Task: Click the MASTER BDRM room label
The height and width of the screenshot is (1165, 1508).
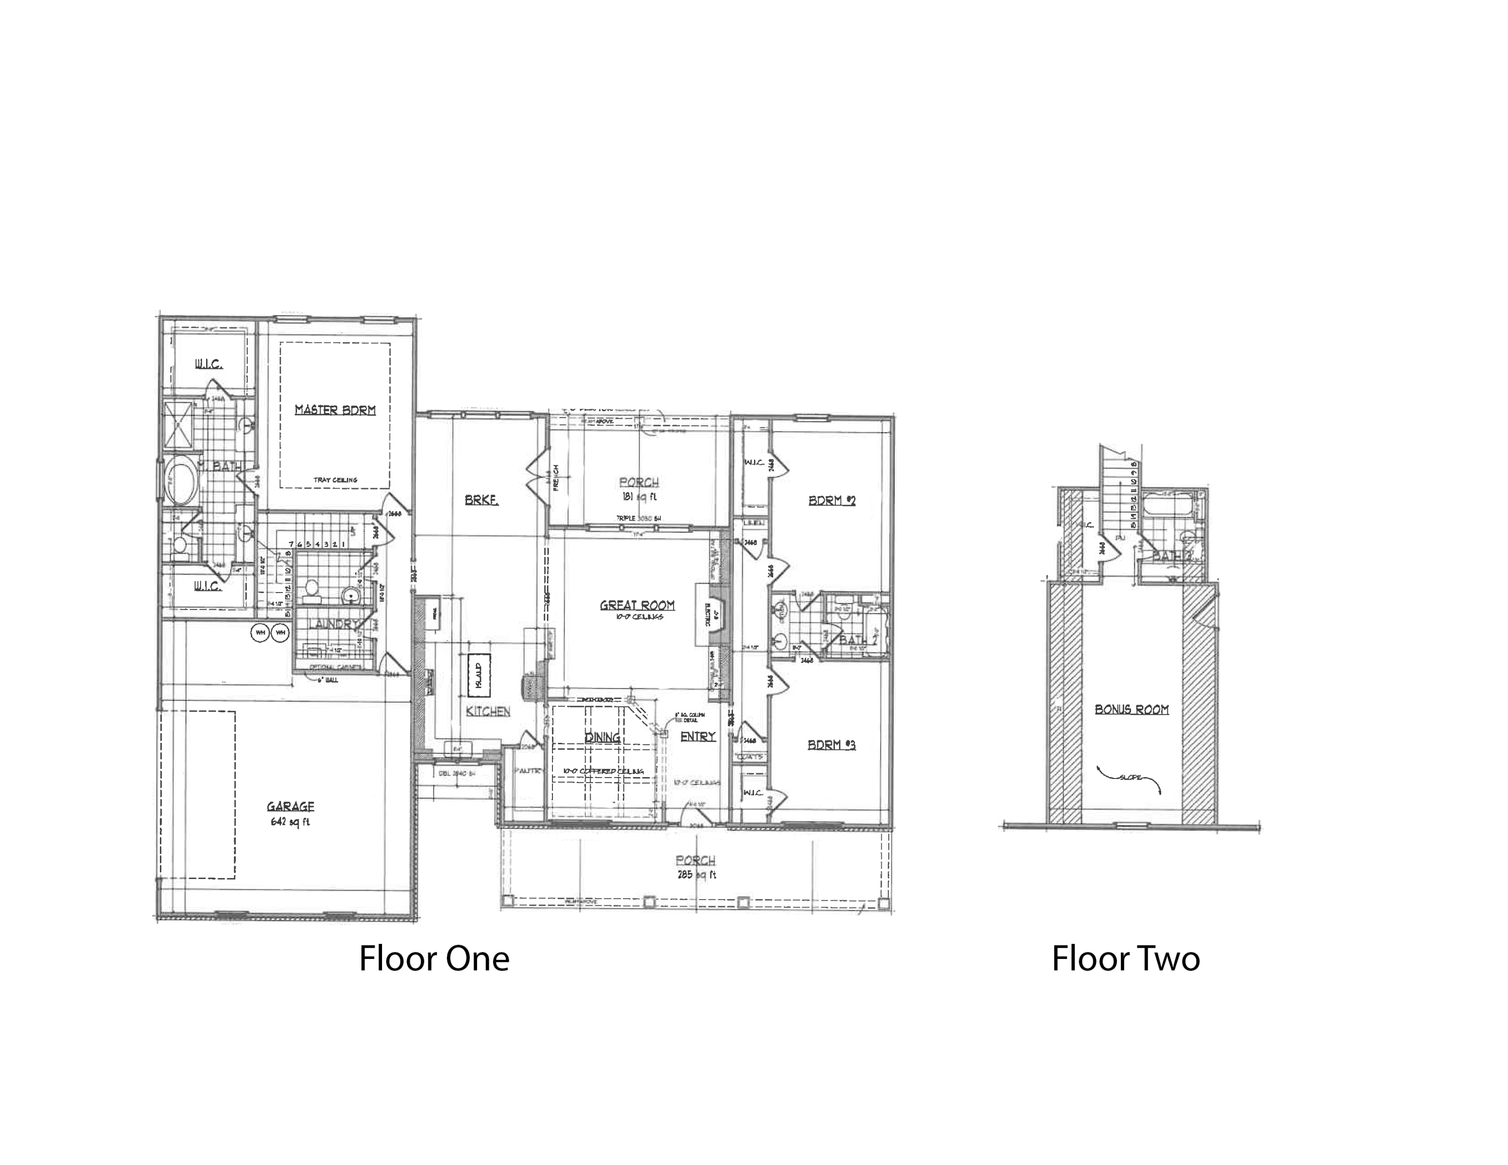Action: pyautogui.click(x=335, y=410)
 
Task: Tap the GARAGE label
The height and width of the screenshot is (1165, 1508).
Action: pyautogui.click(x=290, y=806)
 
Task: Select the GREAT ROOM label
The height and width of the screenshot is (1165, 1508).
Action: pyautogui.click(x=636, y=605)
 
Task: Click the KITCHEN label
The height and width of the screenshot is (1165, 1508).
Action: pyautogui.click(x=488, y=711)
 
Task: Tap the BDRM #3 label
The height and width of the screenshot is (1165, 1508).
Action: pyautogui.click(x=831, y=745)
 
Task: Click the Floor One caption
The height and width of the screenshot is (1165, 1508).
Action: pyautogui.click(x=434, y=958)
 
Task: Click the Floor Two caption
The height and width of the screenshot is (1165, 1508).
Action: pyautogui.click(x=1125, y=958)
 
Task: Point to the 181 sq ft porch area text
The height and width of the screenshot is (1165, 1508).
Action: pyautogui.click(x=638, y=496)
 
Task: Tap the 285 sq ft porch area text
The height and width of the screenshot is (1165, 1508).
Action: pyautogui.click(x=695, y=875)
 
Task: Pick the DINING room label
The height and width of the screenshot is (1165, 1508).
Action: pyautogui.click(x=602, y=737)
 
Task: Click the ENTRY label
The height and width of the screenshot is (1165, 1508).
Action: pyautogui.click(x=697, y=736)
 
